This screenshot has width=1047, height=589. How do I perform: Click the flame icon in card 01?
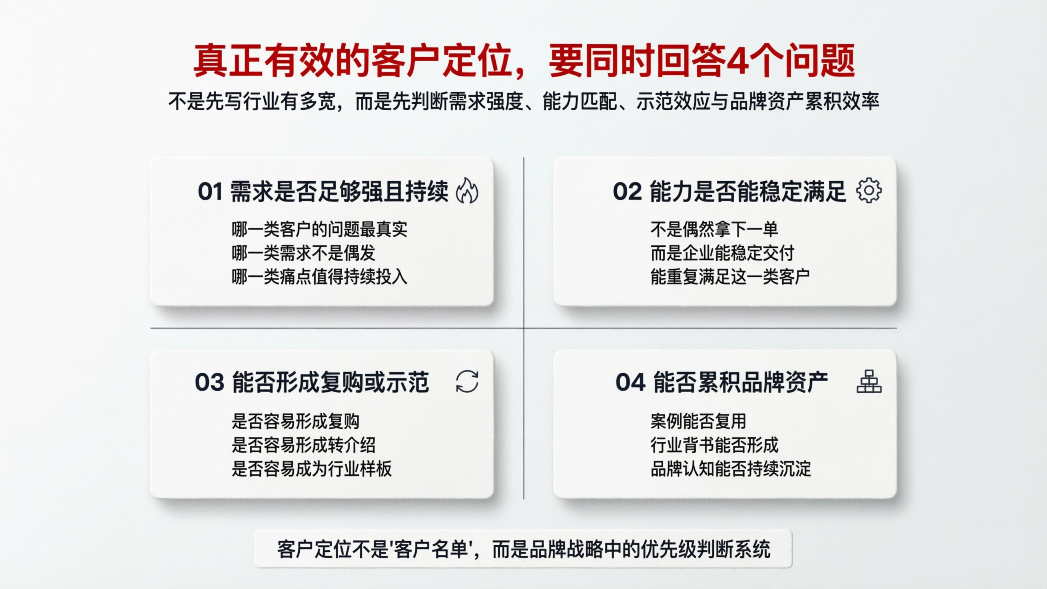coord(467,190)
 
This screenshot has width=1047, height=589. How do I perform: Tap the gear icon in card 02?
coord(868,190)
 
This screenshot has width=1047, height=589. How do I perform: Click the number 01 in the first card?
coord(210,192)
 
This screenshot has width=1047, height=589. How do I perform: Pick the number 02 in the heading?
coord(627,192)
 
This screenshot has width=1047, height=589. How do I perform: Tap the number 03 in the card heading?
coord(209,383)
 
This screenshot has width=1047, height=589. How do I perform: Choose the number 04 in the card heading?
coord(630,383)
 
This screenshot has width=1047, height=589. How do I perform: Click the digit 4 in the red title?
coord(737,61)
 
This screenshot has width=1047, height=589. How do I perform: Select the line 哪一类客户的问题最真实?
coord(319,229)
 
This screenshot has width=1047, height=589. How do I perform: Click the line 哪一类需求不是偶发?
coord(303,254)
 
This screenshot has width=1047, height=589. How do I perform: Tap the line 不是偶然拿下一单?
coord(714,229)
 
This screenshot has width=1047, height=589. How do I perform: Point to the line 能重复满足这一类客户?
coord(730,277)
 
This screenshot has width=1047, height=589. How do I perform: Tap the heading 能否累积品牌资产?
coord(741,383)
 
